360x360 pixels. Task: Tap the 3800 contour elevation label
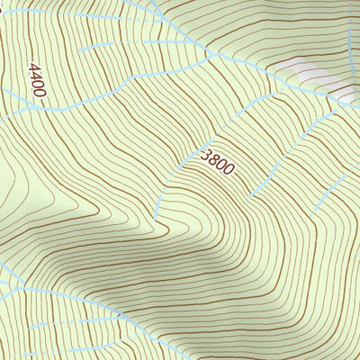219,163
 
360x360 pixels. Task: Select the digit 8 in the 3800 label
216,160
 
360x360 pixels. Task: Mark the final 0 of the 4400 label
42,93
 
